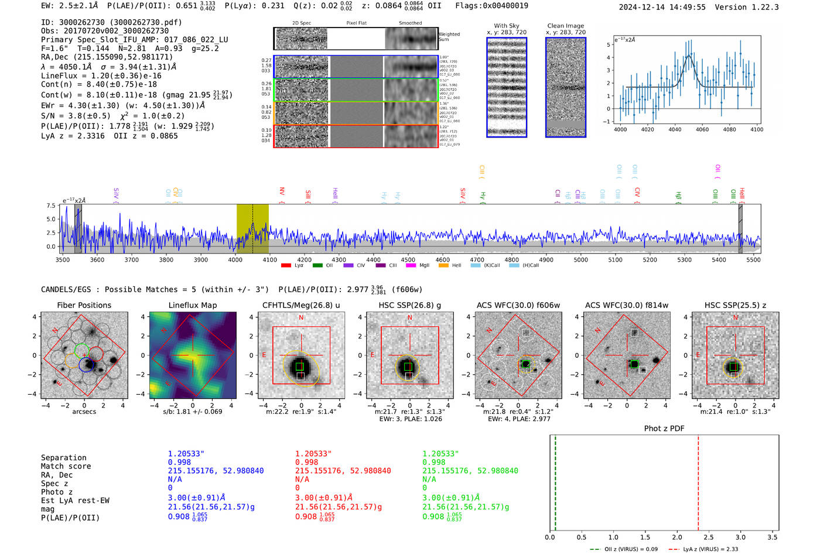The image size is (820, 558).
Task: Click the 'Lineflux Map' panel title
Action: [192, 305]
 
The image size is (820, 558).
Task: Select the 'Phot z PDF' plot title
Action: [664, 428]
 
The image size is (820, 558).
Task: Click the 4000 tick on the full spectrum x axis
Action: [235, 260]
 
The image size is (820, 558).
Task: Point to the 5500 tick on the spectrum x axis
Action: [753, 260]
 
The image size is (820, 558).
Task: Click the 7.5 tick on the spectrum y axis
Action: [50, 206]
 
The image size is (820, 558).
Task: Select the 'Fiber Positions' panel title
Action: [84, 305]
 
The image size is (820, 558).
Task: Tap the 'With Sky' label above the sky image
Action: [506, 26]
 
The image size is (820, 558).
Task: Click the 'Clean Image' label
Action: [565, 26]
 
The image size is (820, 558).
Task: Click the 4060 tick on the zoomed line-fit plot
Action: [702, 129]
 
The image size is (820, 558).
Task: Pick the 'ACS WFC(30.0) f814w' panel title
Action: [626, 305]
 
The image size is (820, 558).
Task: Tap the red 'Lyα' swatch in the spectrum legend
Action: [286, 265]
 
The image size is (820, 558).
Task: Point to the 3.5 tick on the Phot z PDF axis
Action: [773, 537]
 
